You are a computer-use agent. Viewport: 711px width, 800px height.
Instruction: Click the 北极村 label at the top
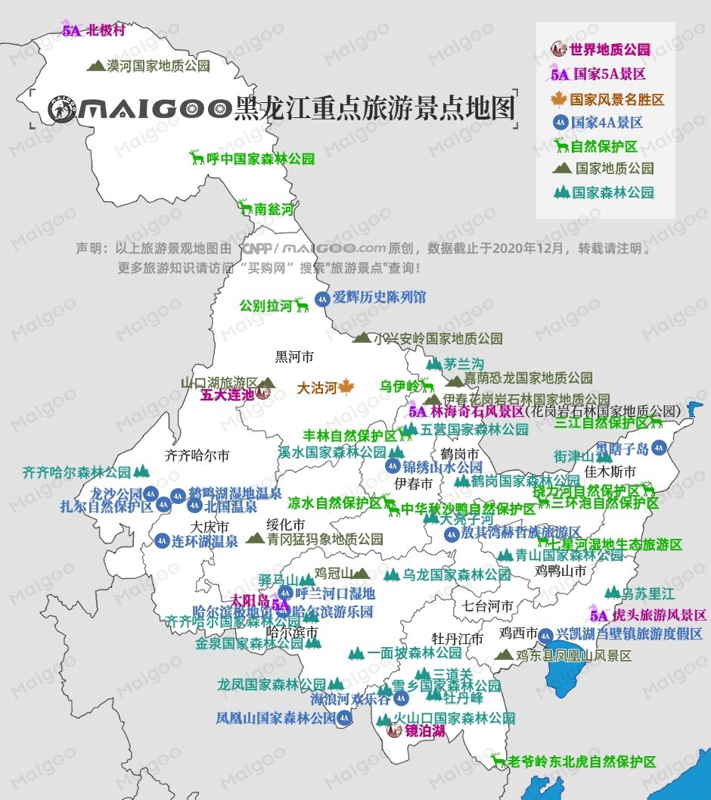105,31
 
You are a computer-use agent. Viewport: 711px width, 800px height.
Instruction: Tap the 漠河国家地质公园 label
158,66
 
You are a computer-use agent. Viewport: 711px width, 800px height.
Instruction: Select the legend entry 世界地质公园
610,50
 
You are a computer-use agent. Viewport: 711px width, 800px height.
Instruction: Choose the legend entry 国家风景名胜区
616,99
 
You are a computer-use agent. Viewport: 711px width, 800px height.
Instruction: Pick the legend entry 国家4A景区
607,123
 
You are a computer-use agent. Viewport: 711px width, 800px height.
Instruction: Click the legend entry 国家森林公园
613,193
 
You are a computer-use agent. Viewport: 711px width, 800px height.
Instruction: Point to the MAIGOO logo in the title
139,109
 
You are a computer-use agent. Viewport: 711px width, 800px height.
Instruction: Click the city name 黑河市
294,356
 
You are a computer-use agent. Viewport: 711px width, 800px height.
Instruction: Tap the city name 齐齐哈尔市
197,456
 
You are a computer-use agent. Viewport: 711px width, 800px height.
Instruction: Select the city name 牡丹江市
457,639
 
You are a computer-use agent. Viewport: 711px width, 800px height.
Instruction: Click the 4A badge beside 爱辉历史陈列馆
322,297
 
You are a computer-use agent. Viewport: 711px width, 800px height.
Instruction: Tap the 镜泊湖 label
425,732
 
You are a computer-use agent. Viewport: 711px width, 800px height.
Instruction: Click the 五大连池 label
227,394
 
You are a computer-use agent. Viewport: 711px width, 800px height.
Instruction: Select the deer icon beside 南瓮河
244,207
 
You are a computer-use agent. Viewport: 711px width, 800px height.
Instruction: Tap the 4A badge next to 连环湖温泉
162,541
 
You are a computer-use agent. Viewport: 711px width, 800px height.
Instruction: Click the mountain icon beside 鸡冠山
362,573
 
